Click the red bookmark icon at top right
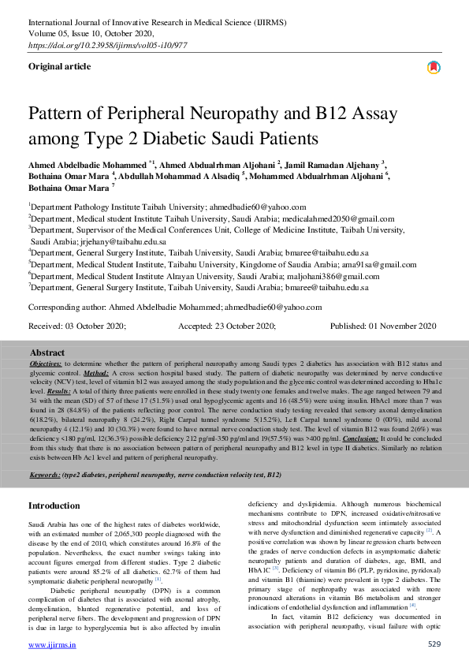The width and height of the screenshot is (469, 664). [433, 68]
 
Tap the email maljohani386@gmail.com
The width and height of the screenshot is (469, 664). [328, 277]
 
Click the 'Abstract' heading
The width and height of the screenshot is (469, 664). [47, 353]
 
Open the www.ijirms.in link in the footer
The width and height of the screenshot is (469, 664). [52, 645]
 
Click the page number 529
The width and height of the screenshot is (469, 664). [434, 645]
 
